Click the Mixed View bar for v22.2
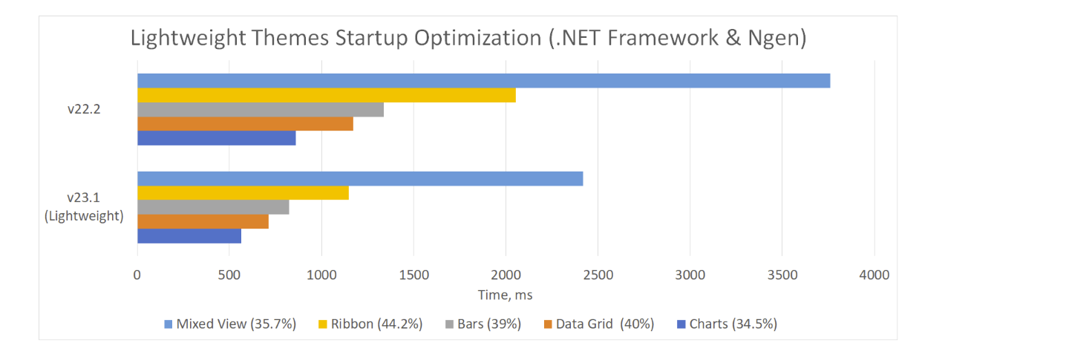click(x=483, y=81)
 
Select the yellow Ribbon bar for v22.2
click(x=326, y=95)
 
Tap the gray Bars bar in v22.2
click(x=260, y=110)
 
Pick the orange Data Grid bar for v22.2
click(x=245, y=124)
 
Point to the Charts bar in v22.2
click(x=216, y=138)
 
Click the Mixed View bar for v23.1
click(x=359, y=179)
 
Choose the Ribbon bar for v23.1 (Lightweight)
click(x=243, y=193)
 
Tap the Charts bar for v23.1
click(x=189, y=236)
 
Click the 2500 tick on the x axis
click(x=598, y=275)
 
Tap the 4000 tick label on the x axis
click(x=874, y=275)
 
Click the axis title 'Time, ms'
click(x=505, y=295)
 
